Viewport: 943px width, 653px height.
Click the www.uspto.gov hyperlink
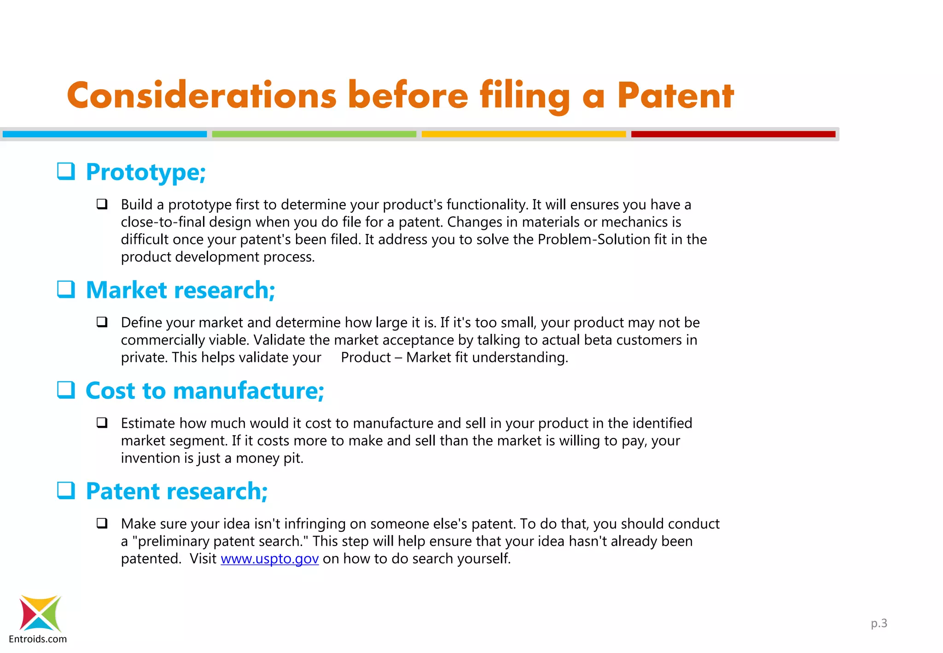click(x=269, y=559)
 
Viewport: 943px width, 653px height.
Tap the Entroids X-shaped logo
click(x=40, y=613)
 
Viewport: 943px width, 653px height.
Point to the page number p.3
click(x=879, y=623)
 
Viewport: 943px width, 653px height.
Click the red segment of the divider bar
click(x=733, y=134)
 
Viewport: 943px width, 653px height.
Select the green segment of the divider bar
click(x=314, y=134)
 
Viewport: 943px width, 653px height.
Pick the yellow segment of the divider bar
click(x=524, y=134)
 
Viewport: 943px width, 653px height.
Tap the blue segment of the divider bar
click(x=105, y=134)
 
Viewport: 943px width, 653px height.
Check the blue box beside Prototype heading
click(x=66, y=171)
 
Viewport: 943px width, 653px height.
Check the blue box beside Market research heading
click(x=66, y=289)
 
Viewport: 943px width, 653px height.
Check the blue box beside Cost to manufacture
click(x=66, y=390)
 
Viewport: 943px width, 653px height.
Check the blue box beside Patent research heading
click(x=66, y=490)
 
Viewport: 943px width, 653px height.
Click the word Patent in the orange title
click(x=675, y=96)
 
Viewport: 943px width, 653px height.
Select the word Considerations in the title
click(x=202, y=96)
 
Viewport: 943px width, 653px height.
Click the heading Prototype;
click(x=146, y=173)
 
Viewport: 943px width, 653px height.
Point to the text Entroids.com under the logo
click(x=38, y=639)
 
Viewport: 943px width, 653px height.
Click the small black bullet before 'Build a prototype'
click(x=102, y=204)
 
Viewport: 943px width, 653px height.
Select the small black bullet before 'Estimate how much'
click(x=102, y=423)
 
